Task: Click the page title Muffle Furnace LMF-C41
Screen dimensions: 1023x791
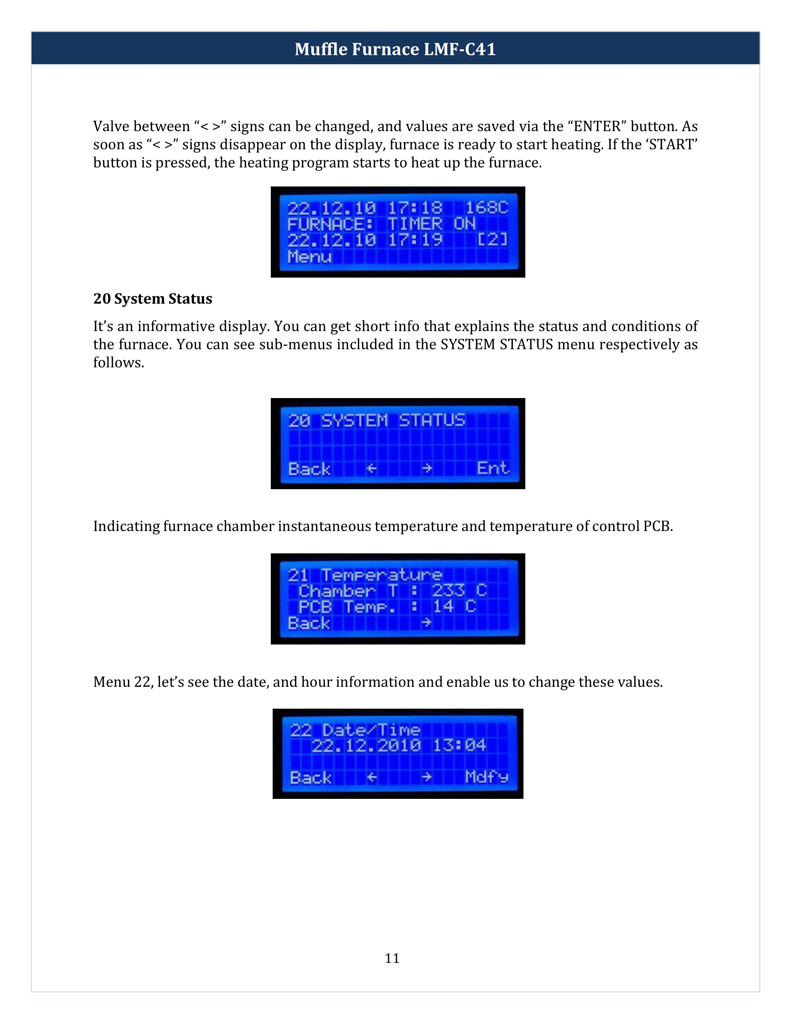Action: click(395, 49)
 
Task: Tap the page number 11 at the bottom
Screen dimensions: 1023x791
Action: click(392, 958)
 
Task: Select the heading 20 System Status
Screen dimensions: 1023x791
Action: click(152, 299)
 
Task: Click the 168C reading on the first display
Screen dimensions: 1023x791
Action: click(486, 207)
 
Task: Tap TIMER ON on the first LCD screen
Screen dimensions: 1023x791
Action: click(431, 224)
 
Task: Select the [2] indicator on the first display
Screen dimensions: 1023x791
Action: click(492, 240)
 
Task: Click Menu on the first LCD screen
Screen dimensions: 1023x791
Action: click(309, 257)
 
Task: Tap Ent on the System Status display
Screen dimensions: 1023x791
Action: click(492, 468)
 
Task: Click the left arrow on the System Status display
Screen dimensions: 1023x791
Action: click(371, 468)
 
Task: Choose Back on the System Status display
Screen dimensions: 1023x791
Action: click(309, 468)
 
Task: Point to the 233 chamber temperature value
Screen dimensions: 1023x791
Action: click(448, 590)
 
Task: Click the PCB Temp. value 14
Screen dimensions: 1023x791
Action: click(443, 606)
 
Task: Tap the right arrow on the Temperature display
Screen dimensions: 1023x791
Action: click(426, 623)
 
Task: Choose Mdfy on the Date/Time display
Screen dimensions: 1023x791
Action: click(486, 777)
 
